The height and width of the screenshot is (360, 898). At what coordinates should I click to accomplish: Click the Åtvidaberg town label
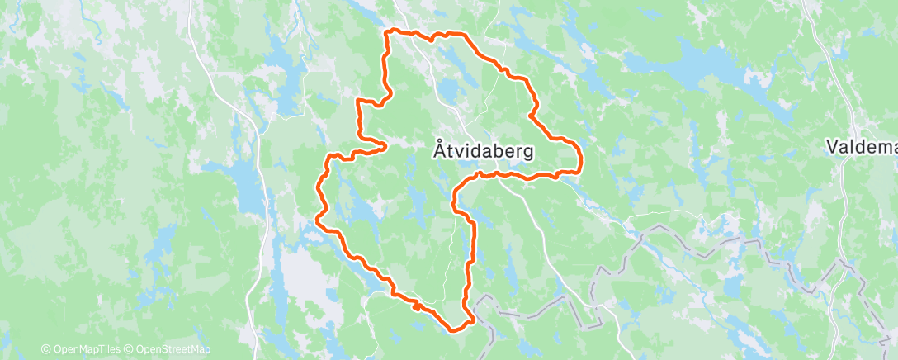coord(483,152)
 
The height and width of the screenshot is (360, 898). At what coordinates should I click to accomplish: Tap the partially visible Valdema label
coord(862,147)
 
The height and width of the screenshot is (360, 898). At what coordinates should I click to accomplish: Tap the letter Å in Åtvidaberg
coord(439,151)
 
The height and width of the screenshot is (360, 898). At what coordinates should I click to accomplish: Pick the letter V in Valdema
coord(833,147)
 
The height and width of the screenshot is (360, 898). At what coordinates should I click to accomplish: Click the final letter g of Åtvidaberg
coord(527,154)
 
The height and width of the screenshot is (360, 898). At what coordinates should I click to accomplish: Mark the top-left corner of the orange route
coord(390,32)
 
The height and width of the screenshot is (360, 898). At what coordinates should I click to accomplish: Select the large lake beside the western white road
coord(246,194)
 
